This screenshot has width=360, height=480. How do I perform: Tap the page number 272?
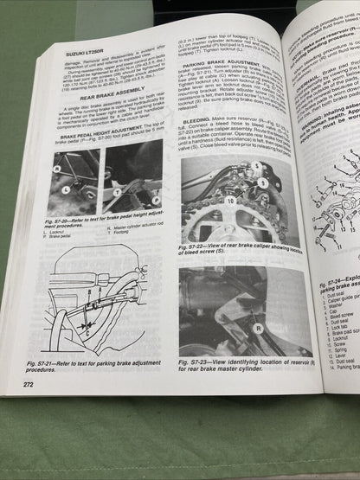tap(29, 384)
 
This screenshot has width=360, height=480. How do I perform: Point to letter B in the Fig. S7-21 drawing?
tap(93, 304)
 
